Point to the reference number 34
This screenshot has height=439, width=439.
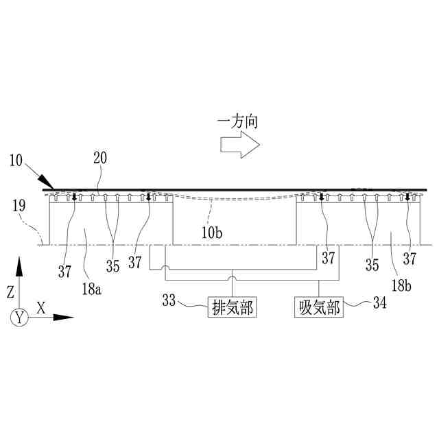(378, 302)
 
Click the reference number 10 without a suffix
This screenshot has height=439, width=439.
(16, 161)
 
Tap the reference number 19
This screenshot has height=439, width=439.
(19, 204)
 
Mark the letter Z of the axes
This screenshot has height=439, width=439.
(10, 292)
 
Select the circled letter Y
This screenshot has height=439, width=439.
(19, 317)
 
